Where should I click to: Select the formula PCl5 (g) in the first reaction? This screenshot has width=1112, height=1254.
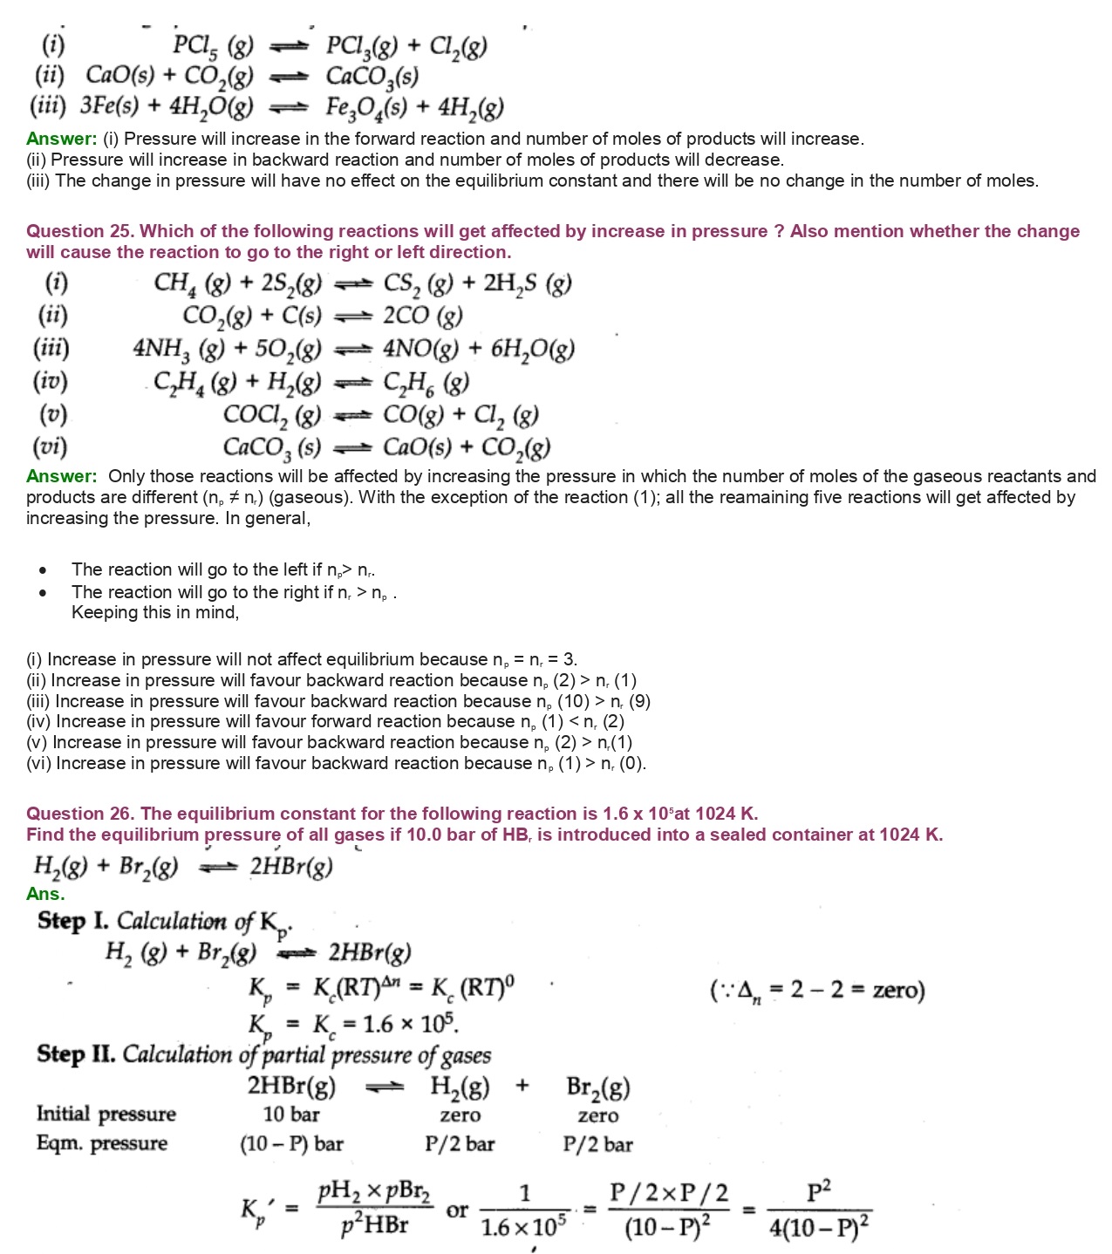pyautogui.click(x=213, y=45)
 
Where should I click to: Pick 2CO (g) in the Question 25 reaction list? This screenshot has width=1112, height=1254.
pyautogui.click(x=423, y=316)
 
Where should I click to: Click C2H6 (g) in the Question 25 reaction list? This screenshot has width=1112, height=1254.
pyautogui.click(x=426, y=382)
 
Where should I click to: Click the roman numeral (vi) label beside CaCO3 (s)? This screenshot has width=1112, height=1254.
pyautogui.click(x=51, y=447)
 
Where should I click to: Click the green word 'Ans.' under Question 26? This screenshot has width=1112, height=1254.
pyautogui.click(x=45, y=894)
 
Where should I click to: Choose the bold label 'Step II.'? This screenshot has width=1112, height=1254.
pyautogui.click(x=76, y=1054)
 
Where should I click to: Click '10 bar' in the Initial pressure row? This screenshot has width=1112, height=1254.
pyautogui.click(x=291, y=1114)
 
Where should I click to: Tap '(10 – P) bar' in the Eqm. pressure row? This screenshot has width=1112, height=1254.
pyautogui.click(x=291, y=1144)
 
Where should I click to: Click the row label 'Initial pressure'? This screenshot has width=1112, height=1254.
pyautogui.click(x=106, y=1114)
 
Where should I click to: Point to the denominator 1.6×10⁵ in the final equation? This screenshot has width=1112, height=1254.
pyautogui.click(x=523, y=1227)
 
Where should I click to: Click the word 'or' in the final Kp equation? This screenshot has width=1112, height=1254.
pyautogui.click(x=457, y=1210)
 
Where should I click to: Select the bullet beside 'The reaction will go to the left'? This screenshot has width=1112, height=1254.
pyautogui.click(x=43, y=570)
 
